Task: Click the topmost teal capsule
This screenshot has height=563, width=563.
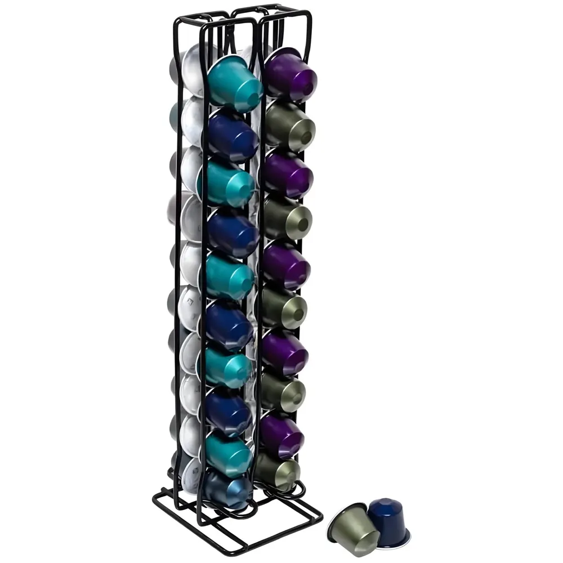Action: coord(234,84)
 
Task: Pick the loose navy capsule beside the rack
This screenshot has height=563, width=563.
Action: coord(388,521)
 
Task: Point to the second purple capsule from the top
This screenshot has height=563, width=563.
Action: coord(288,172)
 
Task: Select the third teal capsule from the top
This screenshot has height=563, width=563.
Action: coord(229,276)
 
